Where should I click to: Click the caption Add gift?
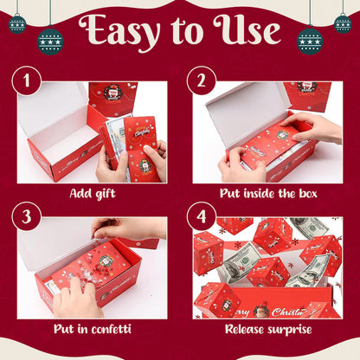pos(92,193)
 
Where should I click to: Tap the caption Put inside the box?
pos(266,193)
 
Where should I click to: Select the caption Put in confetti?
pos(92,329)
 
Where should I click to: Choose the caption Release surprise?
pos(266,329)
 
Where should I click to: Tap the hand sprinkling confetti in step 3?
pos(130,228)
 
